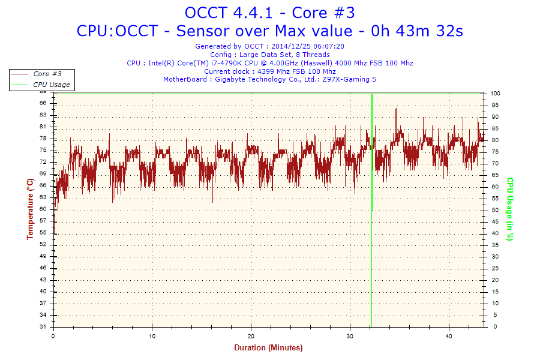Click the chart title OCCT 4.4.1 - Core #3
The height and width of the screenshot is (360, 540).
coord(270,13)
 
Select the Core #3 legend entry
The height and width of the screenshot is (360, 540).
coord(47,74)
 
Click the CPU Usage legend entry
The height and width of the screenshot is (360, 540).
coord(51,85)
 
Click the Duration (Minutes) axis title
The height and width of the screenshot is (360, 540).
coord(268,347)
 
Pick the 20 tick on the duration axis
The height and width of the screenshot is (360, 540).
coord(251,336)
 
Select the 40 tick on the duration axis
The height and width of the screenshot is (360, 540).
coord(449,336)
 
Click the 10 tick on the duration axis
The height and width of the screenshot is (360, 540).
coord(152,336)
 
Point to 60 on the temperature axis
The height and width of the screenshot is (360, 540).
coord(43,209)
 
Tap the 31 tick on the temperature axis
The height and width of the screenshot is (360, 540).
coord(43,327)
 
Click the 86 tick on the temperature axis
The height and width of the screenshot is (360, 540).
coord(43,103)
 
